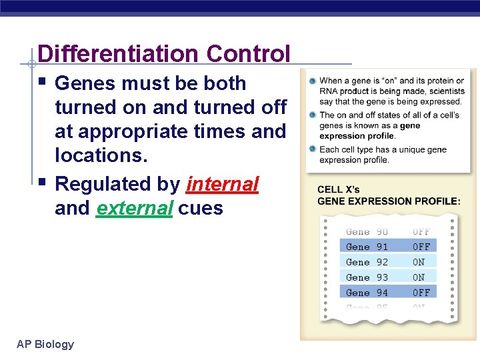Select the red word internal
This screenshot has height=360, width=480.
coord(222,185)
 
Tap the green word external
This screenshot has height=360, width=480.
coord(135,209)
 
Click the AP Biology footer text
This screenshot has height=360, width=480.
coord(45,344)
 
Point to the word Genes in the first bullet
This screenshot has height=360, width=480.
coord(83,83)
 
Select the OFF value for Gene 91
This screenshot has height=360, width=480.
coord(421,247)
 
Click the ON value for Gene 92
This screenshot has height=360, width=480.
coord(419,262)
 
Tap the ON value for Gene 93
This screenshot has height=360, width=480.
coord(419,277)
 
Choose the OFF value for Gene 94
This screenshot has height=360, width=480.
coord(421,293)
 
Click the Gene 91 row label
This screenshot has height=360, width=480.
coord(367,247)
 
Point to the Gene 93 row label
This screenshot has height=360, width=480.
coord(367,277)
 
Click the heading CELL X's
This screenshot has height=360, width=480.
coord(338,190)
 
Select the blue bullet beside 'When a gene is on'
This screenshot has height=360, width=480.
coord(312,81)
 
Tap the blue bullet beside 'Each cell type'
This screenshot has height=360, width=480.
coord(312,149)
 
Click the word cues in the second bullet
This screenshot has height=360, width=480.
coord(201,209)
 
